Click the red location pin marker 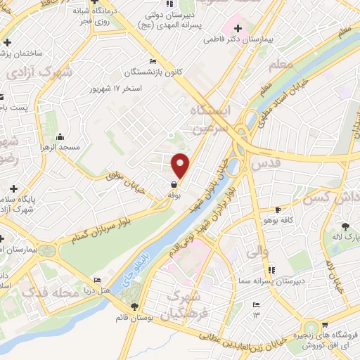[181, 165]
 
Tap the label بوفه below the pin [174, 196]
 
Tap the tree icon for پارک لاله [346, 226]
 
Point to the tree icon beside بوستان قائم [135, 306]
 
